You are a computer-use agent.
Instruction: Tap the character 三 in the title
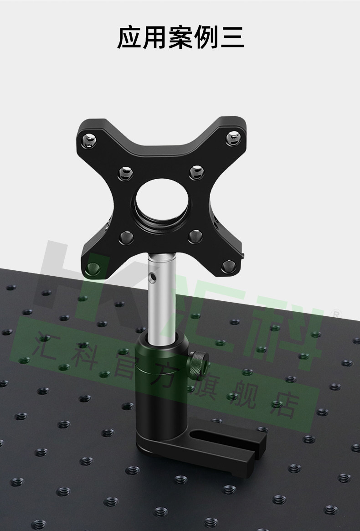point(232,37)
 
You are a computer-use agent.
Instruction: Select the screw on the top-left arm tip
point(89,140)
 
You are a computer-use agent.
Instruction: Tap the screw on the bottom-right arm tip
point(229,266)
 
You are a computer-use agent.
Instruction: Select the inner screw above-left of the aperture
point(125,173)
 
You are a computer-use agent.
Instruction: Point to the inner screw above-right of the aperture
point(196,172)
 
